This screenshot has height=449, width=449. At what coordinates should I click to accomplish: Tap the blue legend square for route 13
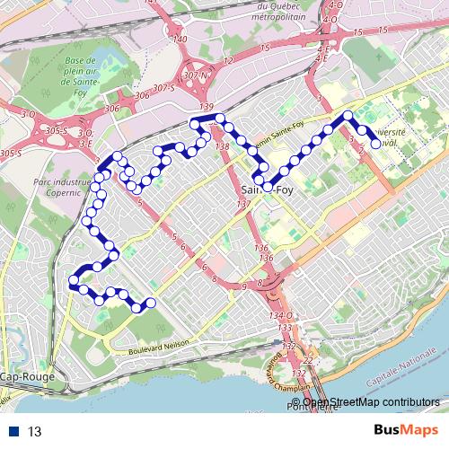coord(15,430)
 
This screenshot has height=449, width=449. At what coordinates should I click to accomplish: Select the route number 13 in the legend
coord(36,430)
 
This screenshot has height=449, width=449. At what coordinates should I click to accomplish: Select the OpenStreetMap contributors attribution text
coord(372,402)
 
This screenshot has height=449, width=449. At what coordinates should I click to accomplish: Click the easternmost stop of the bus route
coord(377,143)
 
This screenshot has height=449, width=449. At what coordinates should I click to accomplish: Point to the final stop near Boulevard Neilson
coord(150,303)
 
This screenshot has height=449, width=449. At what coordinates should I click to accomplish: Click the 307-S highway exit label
coord(163,88)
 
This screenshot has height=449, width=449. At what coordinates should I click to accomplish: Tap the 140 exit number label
coord(180,40)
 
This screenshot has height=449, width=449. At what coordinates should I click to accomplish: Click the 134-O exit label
coord(280,316)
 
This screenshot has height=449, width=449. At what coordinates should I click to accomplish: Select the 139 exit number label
coord(207,108)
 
